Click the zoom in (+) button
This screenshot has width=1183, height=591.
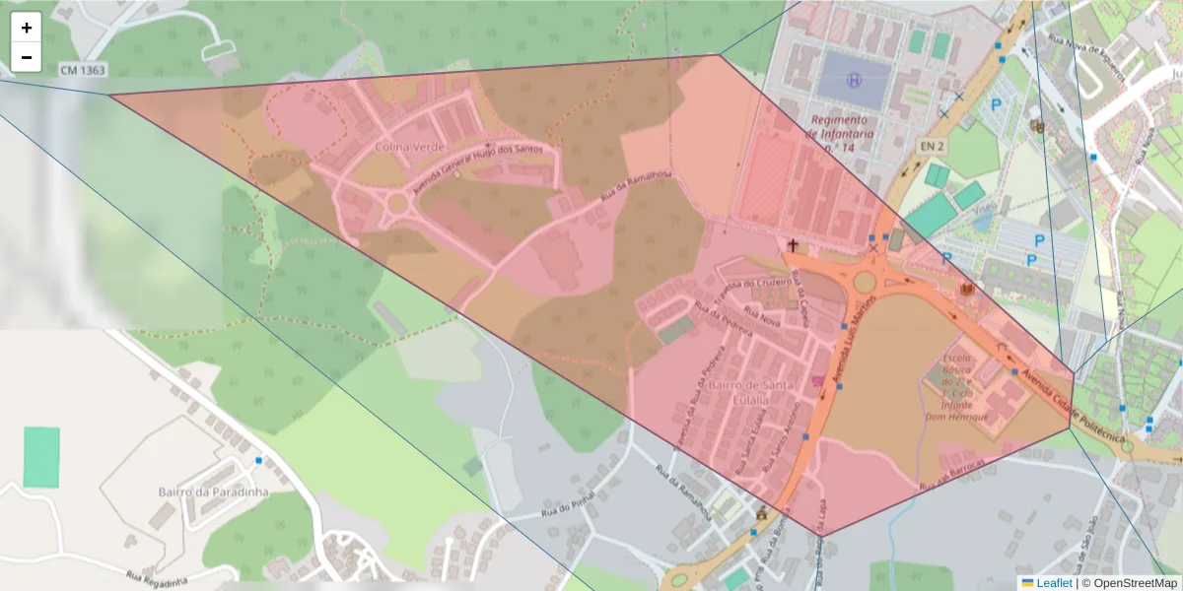[27, 28]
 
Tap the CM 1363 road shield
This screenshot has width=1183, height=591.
[82, 70]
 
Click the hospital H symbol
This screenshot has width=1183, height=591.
[854, 78]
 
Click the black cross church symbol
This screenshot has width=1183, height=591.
[793, 243]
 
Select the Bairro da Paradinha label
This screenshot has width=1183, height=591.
[214, 491]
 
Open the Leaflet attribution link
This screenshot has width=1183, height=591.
[1053, 582]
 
